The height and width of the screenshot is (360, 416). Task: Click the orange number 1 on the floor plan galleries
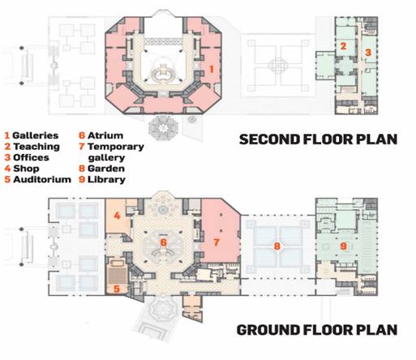pos(212,69)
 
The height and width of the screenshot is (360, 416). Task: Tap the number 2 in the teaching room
pos(343,46)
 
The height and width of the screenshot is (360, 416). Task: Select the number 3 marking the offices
pos(368,52)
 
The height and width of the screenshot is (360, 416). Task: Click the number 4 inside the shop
pos(117,216)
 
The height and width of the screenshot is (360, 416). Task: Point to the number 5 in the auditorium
pos(117,289)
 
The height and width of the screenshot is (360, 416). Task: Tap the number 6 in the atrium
pos(163,242)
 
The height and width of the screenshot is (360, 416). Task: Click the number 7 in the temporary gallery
pos(217,242)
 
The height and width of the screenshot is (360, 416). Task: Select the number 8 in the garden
pos(277,246)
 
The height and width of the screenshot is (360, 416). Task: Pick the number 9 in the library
pos(343,246)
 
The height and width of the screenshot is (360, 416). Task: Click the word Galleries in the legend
pos(36,135)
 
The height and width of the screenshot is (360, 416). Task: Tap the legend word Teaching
pos(36,147)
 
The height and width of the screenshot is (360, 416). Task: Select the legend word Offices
pos(31,157)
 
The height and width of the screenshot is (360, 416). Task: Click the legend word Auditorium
pos(42,179)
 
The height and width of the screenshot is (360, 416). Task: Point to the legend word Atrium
pos(105,135)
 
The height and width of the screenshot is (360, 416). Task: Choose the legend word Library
pos(106,180)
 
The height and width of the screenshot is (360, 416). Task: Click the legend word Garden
pos(106,169)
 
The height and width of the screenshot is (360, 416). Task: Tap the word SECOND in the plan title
pos(269,139)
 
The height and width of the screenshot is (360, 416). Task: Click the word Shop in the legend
pos(26,169)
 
